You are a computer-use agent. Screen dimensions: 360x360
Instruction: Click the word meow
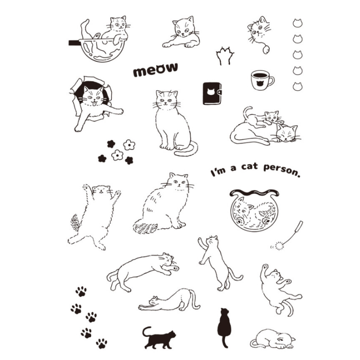(155, 69)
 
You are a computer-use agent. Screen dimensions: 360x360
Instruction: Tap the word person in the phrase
(282, 170)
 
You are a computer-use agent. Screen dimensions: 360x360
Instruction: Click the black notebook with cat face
(212, 93)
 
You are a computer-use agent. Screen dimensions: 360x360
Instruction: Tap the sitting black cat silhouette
(224, 327)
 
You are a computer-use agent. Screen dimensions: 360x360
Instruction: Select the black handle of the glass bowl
(74, 43)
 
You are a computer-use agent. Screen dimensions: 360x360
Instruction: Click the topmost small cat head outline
(298, 23)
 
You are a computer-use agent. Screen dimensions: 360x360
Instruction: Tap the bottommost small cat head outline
(298, 86)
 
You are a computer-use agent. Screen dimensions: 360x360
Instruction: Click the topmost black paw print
(81, 291)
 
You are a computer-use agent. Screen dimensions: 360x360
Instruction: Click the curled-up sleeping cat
(273, 339)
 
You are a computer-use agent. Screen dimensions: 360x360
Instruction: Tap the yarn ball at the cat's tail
(266, 49)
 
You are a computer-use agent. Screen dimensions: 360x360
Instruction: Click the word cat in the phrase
(249, 166)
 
